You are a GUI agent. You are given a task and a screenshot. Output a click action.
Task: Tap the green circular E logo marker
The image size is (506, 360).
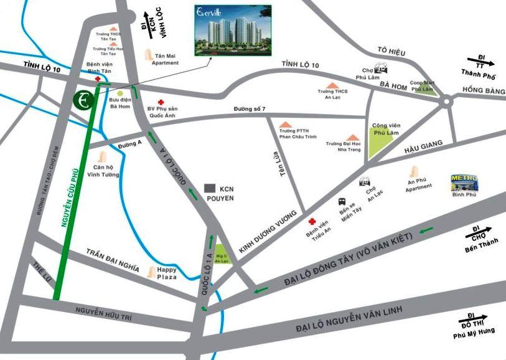tap(83, 100)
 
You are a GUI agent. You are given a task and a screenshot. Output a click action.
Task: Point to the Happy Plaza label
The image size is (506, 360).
tap(167, 273)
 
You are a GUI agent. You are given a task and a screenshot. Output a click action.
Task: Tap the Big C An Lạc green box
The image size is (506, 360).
tap(222, 255)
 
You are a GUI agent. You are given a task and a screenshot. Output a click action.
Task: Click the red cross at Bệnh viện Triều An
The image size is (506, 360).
tap(312, 222)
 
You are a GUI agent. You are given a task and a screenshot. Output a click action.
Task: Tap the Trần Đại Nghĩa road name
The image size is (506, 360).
tap(112, 260)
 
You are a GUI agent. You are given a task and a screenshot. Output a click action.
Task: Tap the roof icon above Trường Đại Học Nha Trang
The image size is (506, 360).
tap(352, 137)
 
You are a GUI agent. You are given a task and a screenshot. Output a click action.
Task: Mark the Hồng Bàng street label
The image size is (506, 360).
tap(485, 91)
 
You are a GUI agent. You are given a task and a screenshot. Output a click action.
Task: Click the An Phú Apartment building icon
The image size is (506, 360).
tap(413, 172)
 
